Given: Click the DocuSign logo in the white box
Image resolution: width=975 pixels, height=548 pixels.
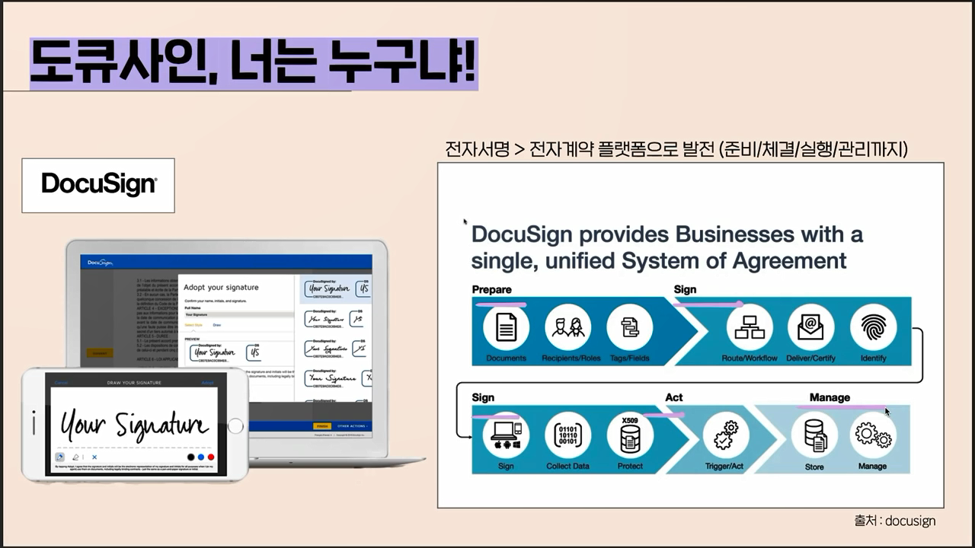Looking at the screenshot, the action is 98,184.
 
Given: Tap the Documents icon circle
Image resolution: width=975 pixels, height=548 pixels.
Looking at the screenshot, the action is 506,327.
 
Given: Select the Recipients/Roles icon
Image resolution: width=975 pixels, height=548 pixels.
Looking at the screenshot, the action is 568,327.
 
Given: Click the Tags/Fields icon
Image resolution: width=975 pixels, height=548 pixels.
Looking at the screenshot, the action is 629,327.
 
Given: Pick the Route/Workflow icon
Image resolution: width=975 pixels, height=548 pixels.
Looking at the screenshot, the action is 750,327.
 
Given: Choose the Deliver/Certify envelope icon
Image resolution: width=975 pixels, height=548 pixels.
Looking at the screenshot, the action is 810,327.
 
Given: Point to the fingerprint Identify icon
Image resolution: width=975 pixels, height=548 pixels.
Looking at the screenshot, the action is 873,327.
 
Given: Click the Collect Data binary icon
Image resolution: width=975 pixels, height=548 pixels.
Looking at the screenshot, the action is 568,435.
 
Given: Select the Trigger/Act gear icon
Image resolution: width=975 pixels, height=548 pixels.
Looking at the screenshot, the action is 725,435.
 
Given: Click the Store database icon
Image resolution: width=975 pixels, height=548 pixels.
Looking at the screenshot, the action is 814,435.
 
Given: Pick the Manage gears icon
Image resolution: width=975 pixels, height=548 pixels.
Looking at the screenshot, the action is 873,435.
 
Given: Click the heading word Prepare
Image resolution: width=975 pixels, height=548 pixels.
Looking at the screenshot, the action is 491,289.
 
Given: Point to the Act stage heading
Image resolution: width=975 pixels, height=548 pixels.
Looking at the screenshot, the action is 673,397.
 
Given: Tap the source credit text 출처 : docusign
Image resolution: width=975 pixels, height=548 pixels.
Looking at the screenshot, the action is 894,521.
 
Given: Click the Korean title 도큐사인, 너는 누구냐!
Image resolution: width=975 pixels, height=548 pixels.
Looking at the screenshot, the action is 253,63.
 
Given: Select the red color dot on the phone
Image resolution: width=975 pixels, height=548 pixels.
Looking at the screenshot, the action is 211,457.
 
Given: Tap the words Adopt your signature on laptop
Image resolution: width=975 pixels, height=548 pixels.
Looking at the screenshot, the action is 221,288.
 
